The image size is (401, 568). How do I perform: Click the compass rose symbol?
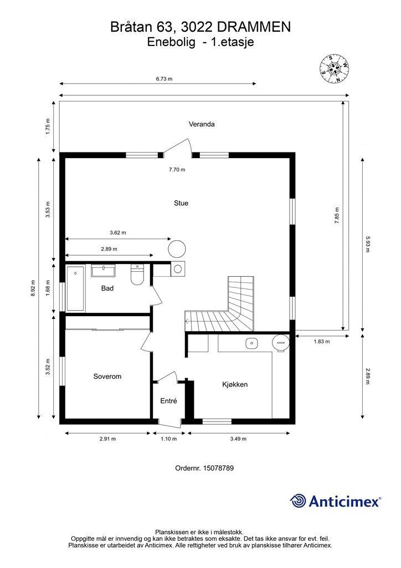(x=335, y=69)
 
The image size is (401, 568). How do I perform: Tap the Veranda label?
(x=201, y=124)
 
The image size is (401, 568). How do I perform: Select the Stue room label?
(x=181, y=203)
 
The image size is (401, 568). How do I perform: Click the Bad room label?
(x=107, y=288)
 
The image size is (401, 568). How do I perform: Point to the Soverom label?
(x=107, y=376)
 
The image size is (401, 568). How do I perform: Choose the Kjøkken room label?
(x=234, y=384)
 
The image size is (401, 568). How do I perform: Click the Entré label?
(x=168, y=401)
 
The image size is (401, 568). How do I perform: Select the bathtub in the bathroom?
(x=75, y=288)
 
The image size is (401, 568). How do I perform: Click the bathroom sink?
(x=103, y=271)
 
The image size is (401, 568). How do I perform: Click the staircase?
(x=233, y=311)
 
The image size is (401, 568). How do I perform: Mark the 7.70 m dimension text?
(x=177, y=170)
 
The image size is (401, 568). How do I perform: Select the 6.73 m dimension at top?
(x=164, y=79)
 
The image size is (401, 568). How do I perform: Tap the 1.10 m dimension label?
(x=168, y=439)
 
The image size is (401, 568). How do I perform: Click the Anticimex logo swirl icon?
(x=298, y=501)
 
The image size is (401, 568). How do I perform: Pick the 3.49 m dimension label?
(x=238, y=439)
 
